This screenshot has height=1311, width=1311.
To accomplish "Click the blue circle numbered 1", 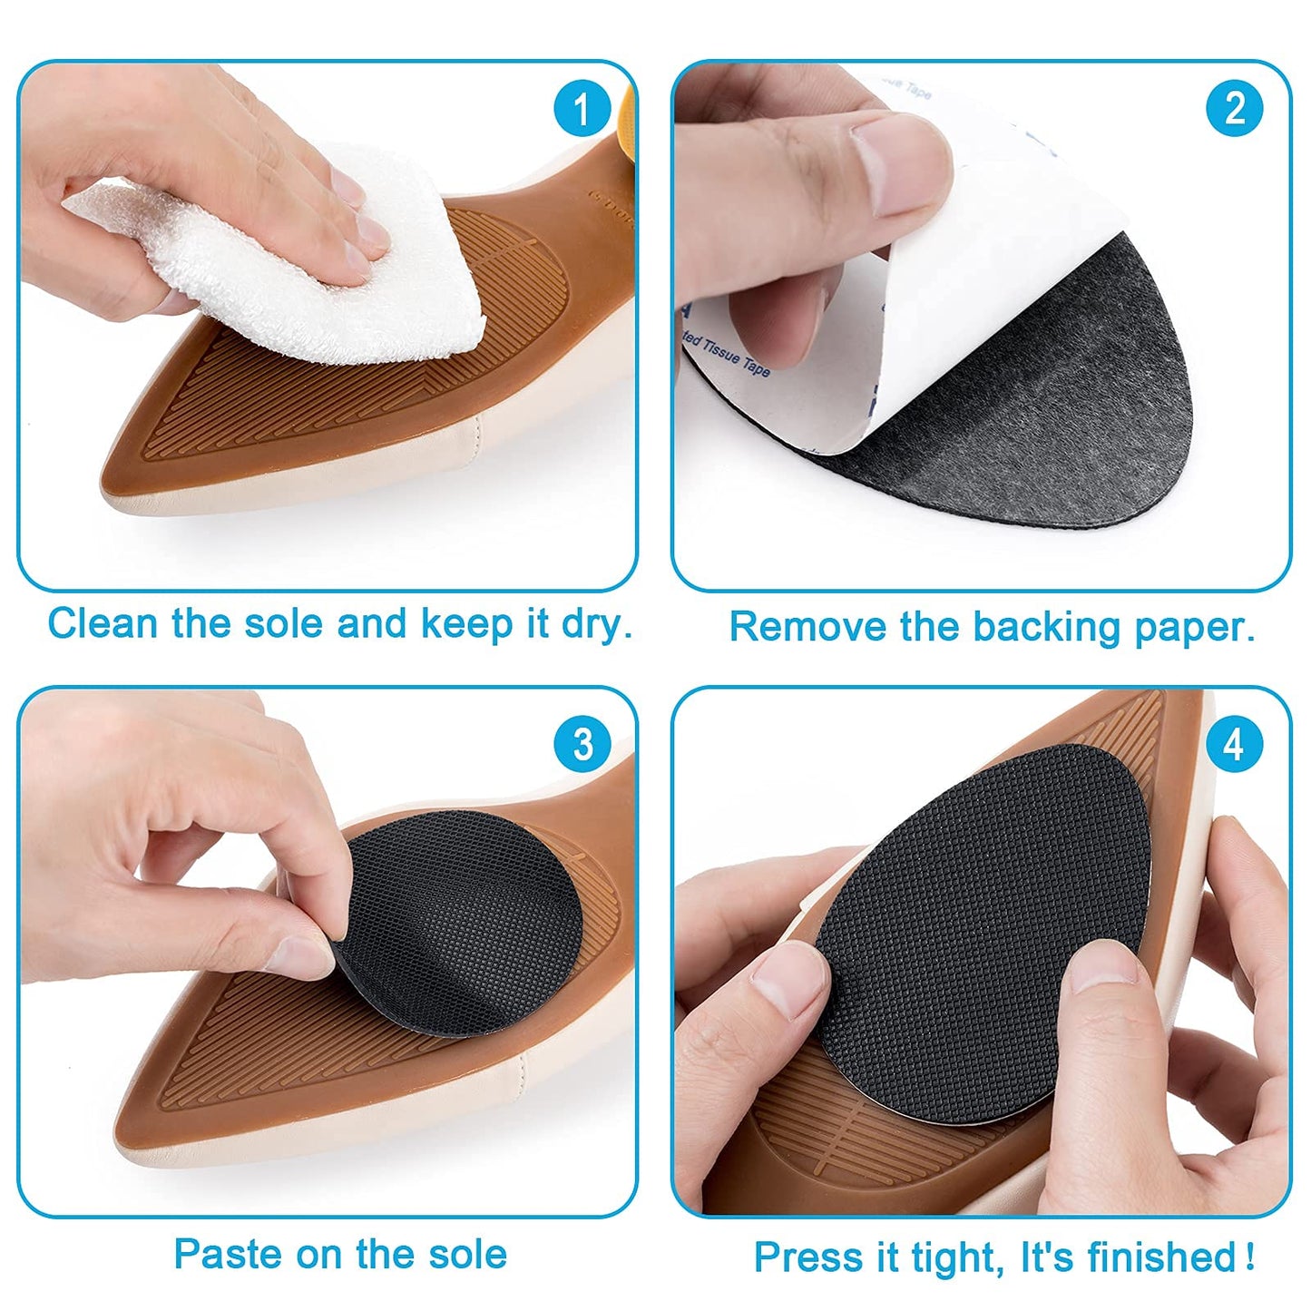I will [x=582, y=110].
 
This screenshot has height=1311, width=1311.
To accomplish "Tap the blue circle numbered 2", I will [x=1234, y=110].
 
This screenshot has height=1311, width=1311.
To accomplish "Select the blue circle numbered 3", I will [x=582, y=744].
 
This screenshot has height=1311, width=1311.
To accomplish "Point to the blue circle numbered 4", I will [x=1234, y=744].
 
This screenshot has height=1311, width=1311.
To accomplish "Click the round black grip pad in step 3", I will [x=454, y=925].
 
